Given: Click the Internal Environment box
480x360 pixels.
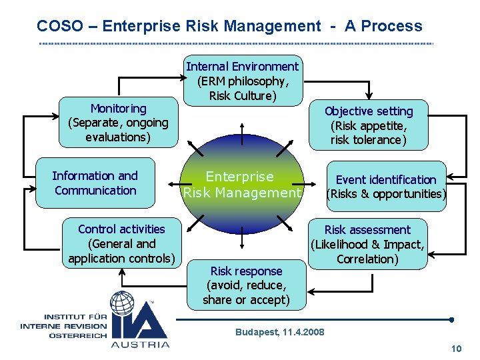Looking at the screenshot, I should pos(243,81).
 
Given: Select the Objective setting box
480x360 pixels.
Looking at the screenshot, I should pos(368,125).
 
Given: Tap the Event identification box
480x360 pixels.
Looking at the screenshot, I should pos(385,187).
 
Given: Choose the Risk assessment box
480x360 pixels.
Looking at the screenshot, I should pos(367,244).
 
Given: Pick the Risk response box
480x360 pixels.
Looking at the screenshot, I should pos(246,285).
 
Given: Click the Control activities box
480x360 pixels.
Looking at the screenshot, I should pos(121,243).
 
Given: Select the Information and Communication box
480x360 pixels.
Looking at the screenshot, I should pos(95,183).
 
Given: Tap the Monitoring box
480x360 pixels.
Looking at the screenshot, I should pos(118,123).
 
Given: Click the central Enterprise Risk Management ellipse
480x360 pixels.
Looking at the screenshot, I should pos(241,185).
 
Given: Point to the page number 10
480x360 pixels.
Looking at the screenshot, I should pos(457,349).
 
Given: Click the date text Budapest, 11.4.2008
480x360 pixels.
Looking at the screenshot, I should pos(280,332).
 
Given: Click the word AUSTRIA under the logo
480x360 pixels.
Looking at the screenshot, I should pos(140,344).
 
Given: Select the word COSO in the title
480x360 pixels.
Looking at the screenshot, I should pos(59,26).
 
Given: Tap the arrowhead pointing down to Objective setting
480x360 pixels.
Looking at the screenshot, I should pos(367,96).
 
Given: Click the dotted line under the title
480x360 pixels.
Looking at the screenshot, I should pos(237,44).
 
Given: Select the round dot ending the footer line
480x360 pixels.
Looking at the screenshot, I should pos(452,319).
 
